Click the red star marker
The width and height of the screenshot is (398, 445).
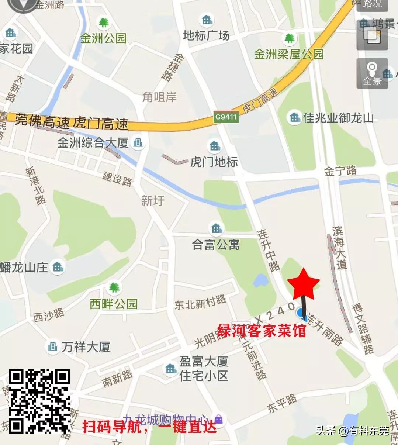point(304,284)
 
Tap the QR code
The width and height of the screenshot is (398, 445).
point(39,401)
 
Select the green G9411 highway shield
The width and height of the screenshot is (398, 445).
point(226,117)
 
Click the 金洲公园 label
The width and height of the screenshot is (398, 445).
point(103,38)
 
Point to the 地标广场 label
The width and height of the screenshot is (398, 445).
point(206,35)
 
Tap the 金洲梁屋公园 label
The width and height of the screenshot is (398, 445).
point(288,54)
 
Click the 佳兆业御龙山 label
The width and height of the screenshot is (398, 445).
point(338,118)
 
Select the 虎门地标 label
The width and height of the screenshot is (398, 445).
point(214,162)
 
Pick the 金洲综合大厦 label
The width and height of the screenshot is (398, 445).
point(93,142)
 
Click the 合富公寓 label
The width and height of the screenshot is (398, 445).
point(216,244)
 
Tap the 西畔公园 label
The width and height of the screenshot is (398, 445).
point(114,304)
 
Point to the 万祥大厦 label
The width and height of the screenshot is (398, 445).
point(86,346)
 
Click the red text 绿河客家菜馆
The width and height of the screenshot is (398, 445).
point(262,331)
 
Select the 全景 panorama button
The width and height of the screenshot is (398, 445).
point(372,73)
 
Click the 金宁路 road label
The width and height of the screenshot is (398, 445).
point(340,171)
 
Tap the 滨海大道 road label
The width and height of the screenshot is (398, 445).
point(339,247)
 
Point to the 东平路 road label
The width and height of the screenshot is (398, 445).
point(282,403)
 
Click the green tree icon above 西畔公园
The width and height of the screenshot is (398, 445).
point(114,287)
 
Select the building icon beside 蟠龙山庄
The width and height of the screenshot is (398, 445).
point(57,266)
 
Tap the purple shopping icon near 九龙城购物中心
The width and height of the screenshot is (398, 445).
point(219,419)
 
